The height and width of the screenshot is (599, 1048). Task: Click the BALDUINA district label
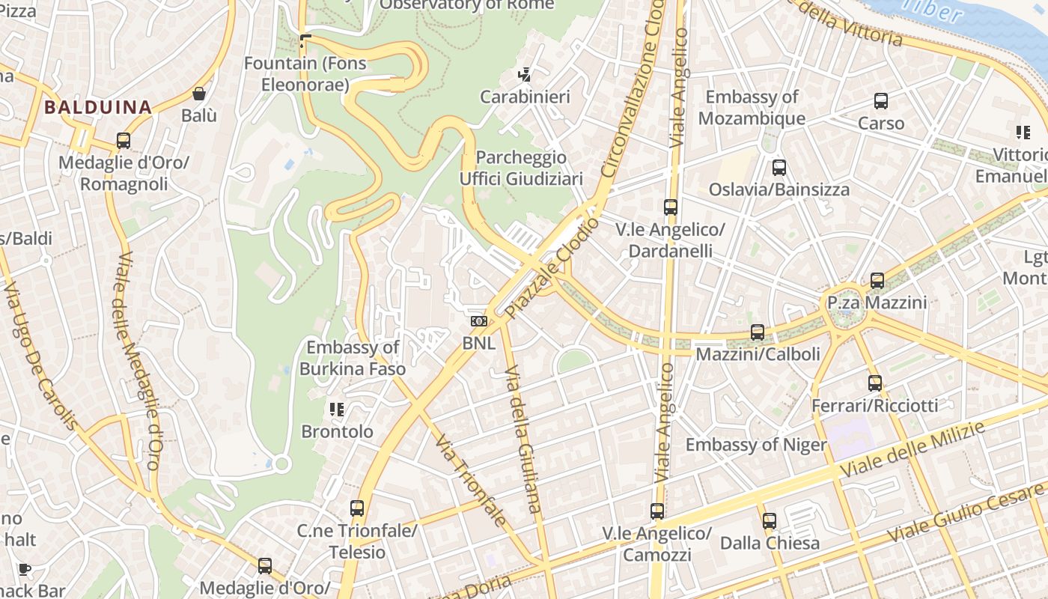pyautogui.click(x=98, y=107)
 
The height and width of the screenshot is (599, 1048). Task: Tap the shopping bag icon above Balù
pyautogui.click(x=199, y=94)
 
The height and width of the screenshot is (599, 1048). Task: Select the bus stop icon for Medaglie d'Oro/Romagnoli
pyautogui.click(x=124, y=140)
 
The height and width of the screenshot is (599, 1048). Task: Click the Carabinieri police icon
pyautogui.click(x=525, y=74)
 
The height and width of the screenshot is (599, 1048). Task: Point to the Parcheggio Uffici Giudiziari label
pyautogui.click(x=521, y=168)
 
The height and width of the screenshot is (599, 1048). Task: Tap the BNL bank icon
pyautogui.click(x=478, y=321)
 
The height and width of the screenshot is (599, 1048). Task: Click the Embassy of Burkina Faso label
pyautogui.click(x=353, y=358)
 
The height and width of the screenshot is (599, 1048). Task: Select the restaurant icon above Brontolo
pyautogui.click(x=337, y=410)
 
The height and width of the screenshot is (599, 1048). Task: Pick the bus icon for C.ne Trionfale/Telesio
pyautogui.click(x=357, y=508)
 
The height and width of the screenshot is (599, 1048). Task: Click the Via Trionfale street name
pyautogui.click(x=471, y=480)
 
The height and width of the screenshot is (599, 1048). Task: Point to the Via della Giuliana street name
pyautogui.click(x=523, y=440)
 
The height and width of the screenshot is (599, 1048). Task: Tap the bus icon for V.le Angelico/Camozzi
pyautogui.click(x=657, y=511)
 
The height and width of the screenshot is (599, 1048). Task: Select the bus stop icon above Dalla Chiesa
pyautogui.click(x=770, y=521)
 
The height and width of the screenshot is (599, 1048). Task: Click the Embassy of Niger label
pyautogui.click(x=756, y=445)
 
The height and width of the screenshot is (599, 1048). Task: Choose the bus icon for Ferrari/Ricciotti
pyautogui.click(x=875, y=383)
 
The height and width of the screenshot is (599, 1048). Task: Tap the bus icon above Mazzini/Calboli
pyautogui.click(x=758, y=332)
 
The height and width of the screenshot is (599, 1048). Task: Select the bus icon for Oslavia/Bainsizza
pyautogui.click(x=779, y=168)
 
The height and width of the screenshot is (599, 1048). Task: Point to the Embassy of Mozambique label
pyautogui.click(x=752, y=107)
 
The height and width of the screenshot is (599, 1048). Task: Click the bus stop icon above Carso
pyautogui.click(x=881, y=101)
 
